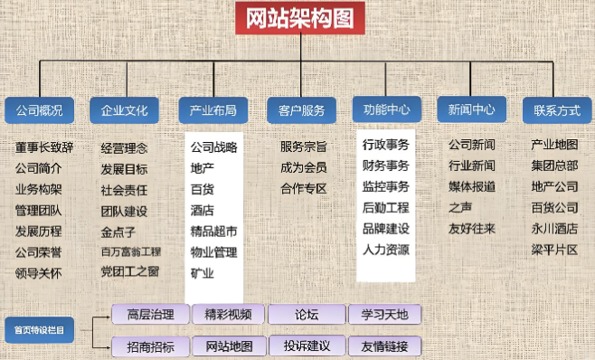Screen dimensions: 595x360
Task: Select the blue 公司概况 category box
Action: pos(39,110)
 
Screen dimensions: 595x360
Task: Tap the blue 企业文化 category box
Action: pos(125,110)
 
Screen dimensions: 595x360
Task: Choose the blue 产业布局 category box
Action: pos(213,110)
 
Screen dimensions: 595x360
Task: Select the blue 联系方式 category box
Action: pos(556,110)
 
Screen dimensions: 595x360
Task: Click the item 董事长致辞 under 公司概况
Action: pos(44,147)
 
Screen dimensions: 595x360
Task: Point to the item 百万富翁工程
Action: pos(131,251)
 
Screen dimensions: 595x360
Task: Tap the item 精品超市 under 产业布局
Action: pos(214,231)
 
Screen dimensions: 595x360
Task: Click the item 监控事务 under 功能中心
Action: pos(386,186)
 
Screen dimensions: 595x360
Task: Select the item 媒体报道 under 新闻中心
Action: pos(472,186)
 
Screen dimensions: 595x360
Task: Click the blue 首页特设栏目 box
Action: pos(39,329)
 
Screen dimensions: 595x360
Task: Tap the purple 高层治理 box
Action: pos(150,315)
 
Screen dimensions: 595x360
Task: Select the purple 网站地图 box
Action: pos(230,346)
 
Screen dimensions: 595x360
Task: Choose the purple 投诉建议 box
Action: pos(307,346)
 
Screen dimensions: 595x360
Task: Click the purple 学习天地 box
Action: pos(385,315)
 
